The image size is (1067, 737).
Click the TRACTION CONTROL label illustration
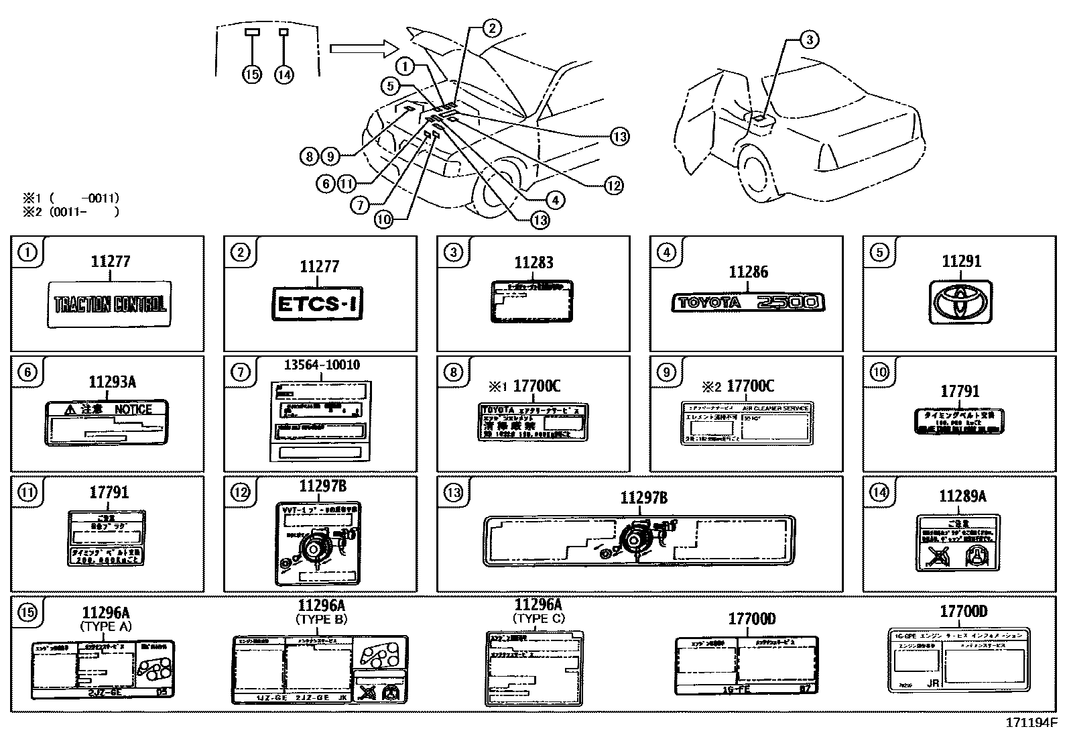110,304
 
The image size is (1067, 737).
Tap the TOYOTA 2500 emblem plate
748,302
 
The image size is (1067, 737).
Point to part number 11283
533,263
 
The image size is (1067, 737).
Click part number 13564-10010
321,365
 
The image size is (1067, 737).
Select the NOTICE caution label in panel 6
107,422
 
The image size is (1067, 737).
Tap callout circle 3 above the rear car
809,40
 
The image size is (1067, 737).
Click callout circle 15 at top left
252,74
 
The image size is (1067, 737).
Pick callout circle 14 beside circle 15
284,74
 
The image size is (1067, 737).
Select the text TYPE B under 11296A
321,619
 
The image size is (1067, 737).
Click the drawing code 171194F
1030,724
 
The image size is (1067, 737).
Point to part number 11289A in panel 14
962,496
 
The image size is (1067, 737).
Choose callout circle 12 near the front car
613,186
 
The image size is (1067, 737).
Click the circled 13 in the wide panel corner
453,493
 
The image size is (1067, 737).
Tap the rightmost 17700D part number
962,612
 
